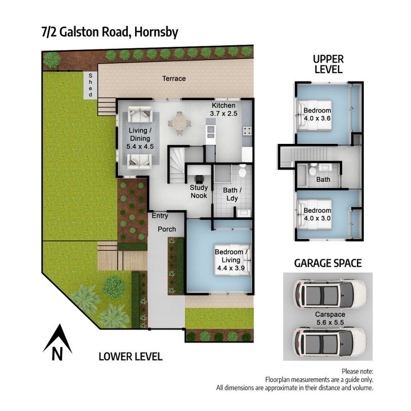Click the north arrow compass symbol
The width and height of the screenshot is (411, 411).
click(x=58, y=343)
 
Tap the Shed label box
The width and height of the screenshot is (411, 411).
click(x=90, y=85)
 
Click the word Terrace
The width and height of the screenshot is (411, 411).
click(x=174, y=79)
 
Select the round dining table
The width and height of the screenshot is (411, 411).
click(x=179, y=123)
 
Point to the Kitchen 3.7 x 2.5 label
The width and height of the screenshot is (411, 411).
click(x=223, y=109)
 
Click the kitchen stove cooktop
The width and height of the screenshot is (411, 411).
click(x=247, y=131)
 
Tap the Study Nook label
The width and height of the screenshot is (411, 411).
click(x=199, y=192)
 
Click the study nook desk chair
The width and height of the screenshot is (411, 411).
click(x=199, y=179)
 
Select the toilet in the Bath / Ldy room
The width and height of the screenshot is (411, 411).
click(x=242, y=171)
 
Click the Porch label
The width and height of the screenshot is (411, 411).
click(x=166, y=229)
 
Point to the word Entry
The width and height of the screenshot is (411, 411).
click(x=160, y=216)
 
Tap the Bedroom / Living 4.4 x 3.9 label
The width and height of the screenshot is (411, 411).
click(x=231, y=260)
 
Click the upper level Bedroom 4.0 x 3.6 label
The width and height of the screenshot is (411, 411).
click(x=317, y=114)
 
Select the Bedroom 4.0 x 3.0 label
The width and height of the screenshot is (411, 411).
click(x=317, y=214)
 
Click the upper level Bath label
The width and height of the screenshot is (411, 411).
click(x=323, y=179)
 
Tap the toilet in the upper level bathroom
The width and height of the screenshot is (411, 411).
click(x=312, y=170)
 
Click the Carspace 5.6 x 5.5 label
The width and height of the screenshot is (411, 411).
click(x=330, y=318)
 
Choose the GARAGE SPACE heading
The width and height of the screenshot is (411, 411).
click(x=328, y=263)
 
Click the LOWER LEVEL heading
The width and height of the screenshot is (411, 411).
click(x=130, y=357)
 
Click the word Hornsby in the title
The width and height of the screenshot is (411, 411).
click(x=157, y=32)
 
